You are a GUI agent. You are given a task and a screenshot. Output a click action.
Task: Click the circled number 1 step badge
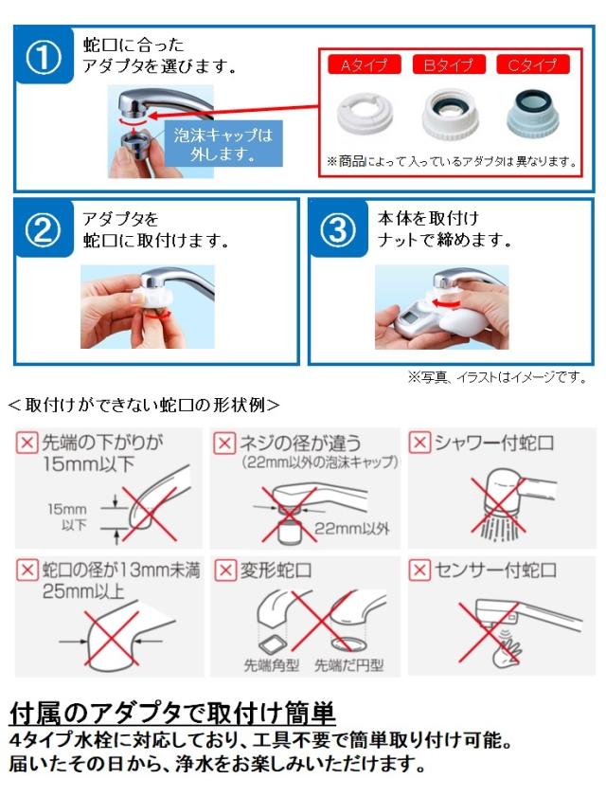pos(44,57)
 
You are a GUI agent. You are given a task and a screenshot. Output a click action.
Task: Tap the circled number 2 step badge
pos(44,229)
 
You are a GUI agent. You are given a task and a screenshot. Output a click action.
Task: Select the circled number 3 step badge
pos(338,229)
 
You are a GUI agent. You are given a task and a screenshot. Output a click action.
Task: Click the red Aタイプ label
pos(365,64)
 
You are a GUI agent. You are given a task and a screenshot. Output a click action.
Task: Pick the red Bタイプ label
pos(449,64)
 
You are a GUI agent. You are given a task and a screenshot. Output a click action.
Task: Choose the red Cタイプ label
pos(533,64)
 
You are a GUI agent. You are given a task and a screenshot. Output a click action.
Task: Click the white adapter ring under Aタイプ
pos(365,114)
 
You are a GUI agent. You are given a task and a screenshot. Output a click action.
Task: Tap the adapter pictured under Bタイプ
pos(450,114)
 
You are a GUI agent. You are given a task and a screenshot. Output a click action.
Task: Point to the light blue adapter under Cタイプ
pos(533,114)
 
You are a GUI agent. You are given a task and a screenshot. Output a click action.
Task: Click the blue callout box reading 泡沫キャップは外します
pos(223,144)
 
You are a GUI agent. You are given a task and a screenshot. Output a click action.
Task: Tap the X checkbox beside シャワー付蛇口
pos(419,443)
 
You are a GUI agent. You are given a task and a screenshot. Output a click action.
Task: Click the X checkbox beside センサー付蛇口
pos(419,570)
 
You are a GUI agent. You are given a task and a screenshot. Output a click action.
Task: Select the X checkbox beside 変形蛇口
pos(224,570)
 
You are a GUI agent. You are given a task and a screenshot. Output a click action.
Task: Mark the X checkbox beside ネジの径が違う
pos(224,443)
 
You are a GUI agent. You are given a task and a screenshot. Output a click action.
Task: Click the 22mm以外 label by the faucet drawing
pos(351,529)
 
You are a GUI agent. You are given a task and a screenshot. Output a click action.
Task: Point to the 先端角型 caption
pos(272,665)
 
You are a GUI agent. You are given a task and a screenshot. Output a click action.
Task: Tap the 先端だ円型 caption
pos(348,665)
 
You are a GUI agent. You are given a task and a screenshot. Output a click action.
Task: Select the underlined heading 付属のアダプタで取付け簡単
pos(172,714)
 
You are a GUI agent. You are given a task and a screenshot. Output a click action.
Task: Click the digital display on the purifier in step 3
pos(408,320)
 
